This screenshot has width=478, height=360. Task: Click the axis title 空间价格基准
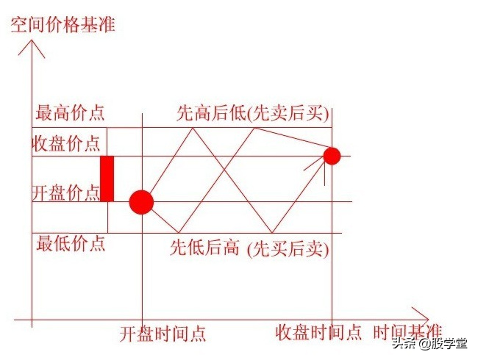pyautogui.click(x=63, y=25)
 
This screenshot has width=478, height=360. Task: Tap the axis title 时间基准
pyautogui.click(x=407, y=332)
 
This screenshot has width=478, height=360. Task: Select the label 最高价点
pyautogui.click(x=70, y=112)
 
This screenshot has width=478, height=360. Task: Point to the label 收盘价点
pyautogui.click(x=66, y=143)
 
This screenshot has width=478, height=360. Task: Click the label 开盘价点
pyautogui.click(x=66, y=192)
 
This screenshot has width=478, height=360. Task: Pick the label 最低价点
pyautogui.click(x=71, y=243)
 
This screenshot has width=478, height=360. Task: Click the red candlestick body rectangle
pyautogui.click(x=107, y=179)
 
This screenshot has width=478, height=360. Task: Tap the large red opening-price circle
pyautogui.click(x=141, y=202)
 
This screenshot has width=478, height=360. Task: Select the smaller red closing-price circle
pyautogui.click(x=332, y=156)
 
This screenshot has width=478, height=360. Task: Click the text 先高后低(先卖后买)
pyautogui.click(x=253, y=114)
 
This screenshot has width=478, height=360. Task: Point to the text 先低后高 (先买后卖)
pyautogui.click(x=249, y=248)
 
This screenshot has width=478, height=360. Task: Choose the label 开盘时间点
pyautogui.click(x=163, y=334)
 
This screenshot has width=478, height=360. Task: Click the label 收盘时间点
pyautogui.click(x=318, y=332)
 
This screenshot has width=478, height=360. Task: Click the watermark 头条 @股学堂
pyautogui.click(x=430, y=344)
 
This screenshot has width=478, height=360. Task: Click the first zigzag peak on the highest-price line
pyautogui.click(x=193, y=128)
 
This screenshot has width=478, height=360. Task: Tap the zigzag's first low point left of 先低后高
pyautogui.click(x=179, y=233)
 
